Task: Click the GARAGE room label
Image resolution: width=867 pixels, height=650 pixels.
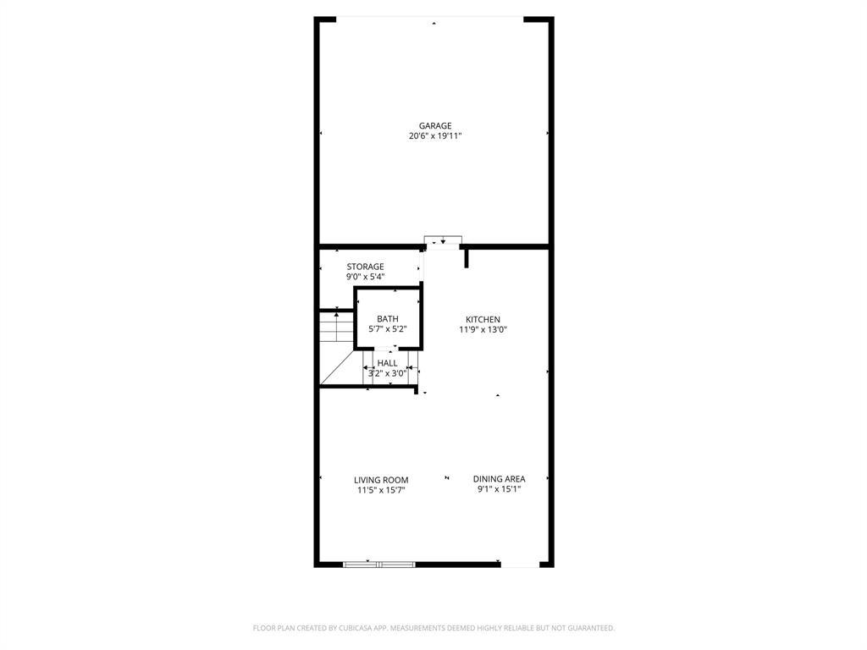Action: (435, 126)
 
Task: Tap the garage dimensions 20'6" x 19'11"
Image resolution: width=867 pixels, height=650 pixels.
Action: (435, 136)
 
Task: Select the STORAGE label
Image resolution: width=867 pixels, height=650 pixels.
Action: (365, 267)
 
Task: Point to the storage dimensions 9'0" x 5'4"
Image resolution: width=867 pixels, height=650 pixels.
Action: (365, 277)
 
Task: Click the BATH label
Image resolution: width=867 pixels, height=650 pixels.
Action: (388, 319)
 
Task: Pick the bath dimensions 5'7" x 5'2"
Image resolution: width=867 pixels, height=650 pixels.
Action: (388, 329)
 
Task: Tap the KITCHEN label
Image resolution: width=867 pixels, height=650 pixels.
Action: (483, 320)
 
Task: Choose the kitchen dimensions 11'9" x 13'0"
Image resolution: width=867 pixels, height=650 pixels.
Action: (483, 330)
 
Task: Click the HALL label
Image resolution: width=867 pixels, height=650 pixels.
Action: (387, 363)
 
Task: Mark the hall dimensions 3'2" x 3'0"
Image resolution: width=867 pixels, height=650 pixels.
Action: (387, 373)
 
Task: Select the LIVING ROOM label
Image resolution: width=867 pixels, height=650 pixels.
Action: (381, 480)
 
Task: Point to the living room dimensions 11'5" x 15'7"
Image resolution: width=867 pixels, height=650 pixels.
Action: (381, 490)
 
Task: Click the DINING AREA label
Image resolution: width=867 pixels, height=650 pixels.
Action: (499, 479)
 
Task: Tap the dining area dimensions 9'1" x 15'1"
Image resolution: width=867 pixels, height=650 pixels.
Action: (499, 489)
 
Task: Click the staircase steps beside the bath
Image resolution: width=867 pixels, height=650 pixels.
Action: (336, 327)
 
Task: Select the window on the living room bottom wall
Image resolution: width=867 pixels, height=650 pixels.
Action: (379, 564)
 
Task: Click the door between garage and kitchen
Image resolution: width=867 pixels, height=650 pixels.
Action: (443, 241)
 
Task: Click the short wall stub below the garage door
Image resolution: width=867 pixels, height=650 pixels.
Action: (467, 257)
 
